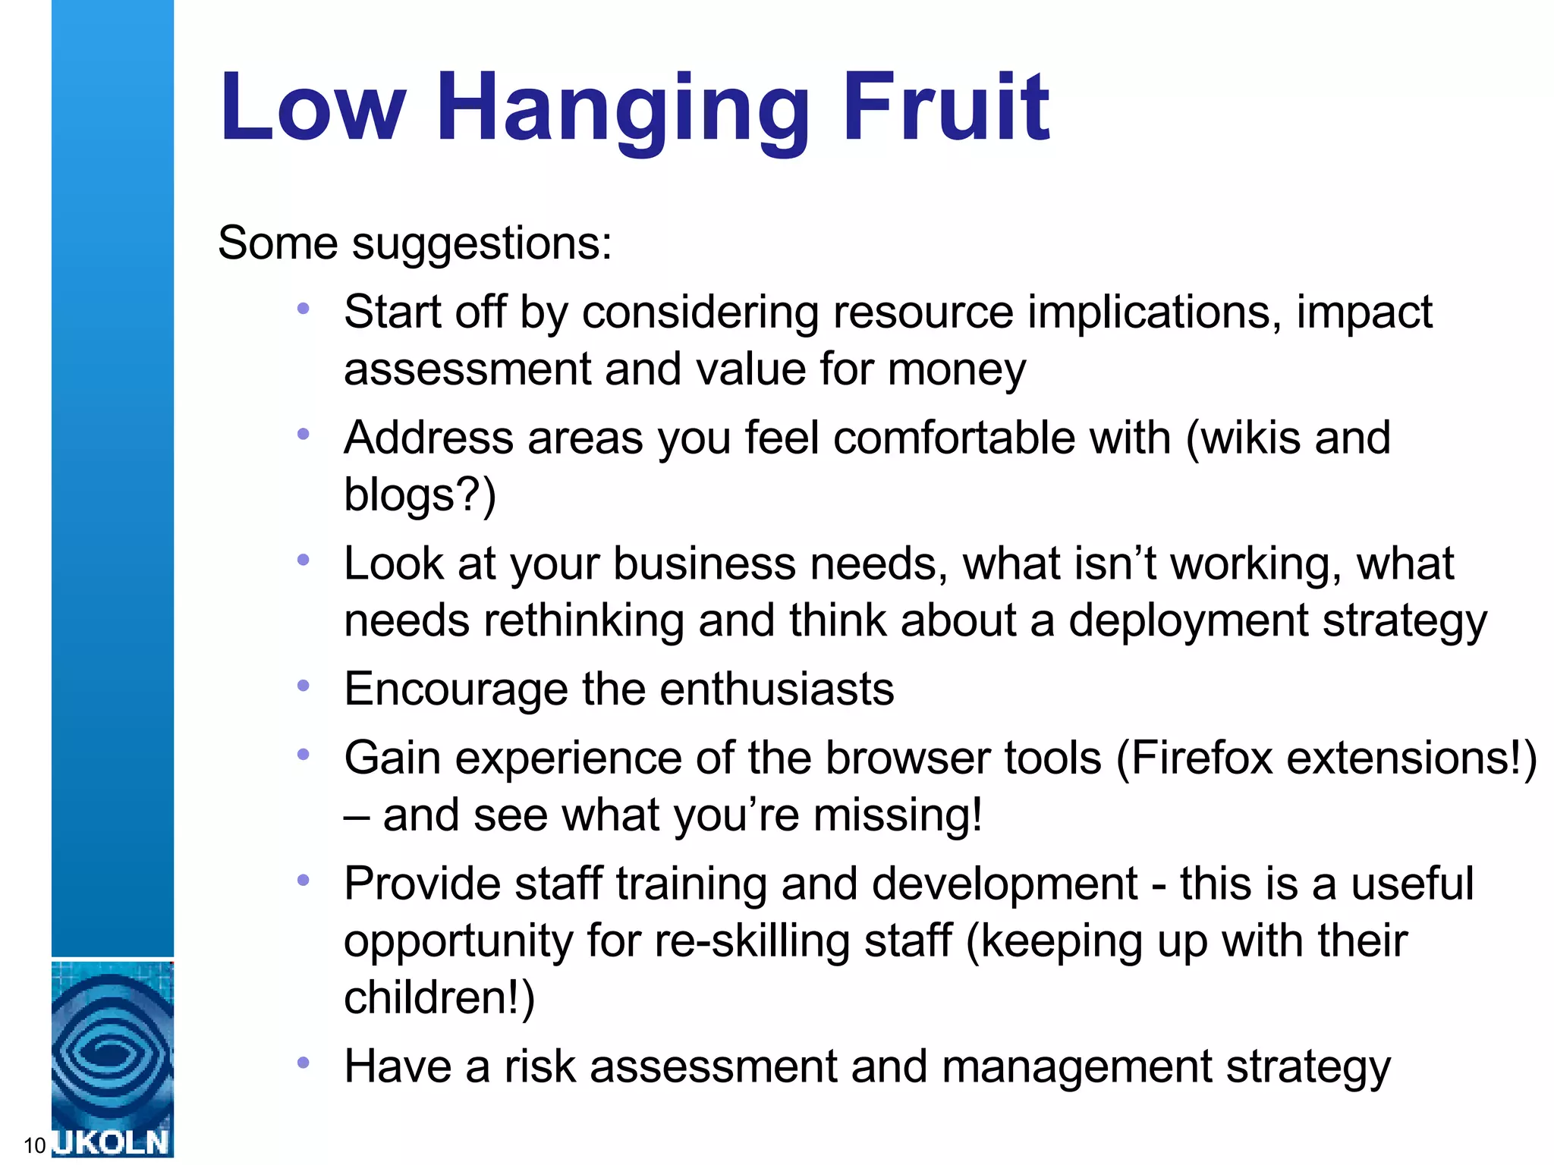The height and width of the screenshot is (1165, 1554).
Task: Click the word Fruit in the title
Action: [x=946, y=108]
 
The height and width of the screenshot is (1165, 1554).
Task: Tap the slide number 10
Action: [x=34, y=1145]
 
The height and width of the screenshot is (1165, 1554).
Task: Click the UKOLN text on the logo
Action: [x=112, y=1142]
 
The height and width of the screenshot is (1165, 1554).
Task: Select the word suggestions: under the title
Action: [x=482, y=244]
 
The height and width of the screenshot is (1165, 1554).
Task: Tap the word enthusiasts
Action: [x=777, y=689]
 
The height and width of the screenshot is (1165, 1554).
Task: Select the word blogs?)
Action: [x=420, y=495]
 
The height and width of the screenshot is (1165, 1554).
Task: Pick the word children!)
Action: [x=439, y=997]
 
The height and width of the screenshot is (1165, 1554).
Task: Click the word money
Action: [x=956, y=370]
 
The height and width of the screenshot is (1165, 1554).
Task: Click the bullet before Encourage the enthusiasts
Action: [x=304, y=686]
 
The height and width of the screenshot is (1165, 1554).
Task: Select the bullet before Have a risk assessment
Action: [x=304, y=1063]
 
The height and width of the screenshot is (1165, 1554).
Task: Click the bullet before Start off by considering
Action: [x=304, y=309]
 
